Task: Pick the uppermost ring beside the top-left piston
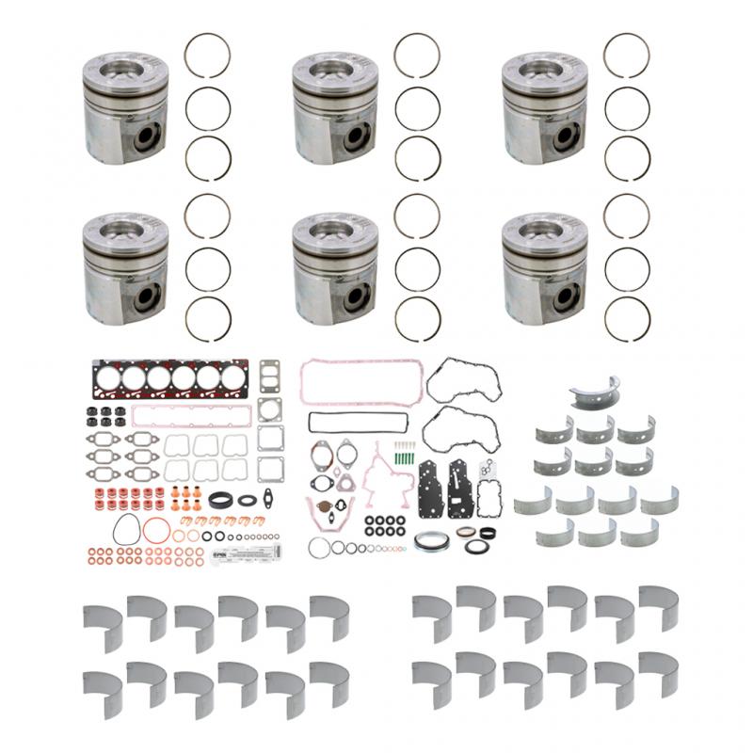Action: click(207, 56)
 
